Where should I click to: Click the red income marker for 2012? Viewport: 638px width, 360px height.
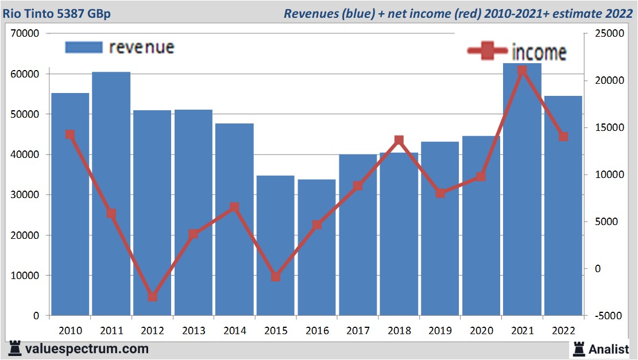click(152, 297)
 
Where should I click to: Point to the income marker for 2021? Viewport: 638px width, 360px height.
click(522, 71)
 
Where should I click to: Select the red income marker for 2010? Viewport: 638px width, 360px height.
click(70, 134)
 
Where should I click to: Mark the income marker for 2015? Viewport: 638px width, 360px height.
click(276, 277)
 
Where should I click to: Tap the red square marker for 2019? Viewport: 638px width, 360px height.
click(440, 193)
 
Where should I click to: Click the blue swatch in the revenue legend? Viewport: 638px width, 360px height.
click(84, 47)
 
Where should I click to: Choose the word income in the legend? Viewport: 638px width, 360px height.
click(539, 52)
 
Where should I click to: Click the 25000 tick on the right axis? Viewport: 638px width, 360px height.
click(602, 34)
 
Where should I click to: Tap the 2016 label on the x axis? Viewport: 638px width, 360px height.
click(317, 331)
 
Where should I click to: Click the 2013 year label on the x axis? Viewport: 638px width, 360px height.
click(194, 331)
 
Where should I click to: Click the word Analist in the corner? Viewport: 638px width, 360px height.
click(608, 349)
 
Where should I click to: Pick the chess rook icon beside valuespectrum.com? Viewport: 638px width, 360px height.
click(16, 348)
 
